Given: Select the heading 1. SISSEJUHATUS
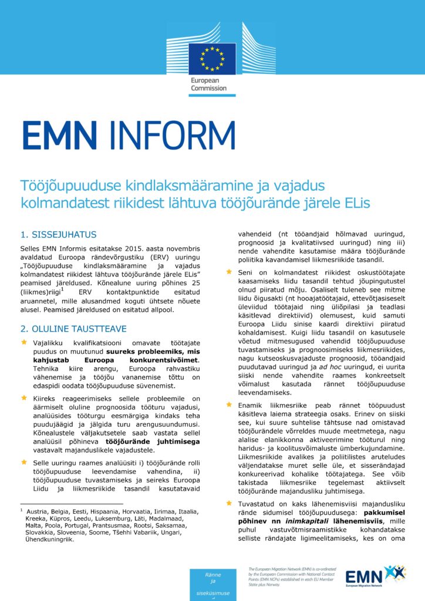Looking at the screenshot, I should (58, 235).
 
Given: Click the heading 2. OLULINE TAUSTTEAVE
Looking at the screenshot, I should (73, 329).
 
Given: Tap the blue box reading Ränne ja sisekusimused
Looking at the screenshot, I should (212, 585).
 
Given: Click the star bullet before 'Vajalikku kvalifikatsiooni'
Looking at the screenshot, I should (24, 342).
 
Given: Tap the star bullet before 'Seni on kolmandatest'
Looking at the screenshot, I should (230, 272).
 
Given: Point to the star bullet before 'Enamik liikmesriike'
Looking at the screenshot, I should (230, 404).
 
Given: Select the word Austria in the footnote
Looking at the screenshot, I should (38, 512).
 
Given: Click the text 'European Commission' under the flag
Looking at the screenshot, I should (208, 84).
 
